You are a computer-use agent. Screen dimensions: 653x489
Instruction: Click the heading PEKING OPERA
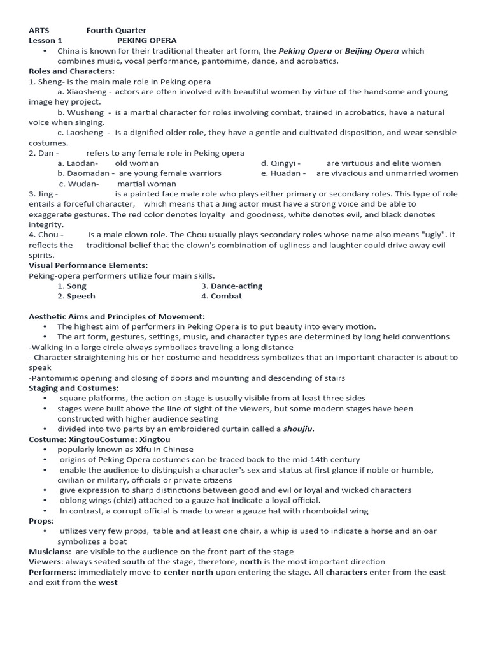click(146, 40)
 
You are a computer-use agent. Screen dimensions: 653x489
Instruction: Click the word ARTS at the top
click(39, 30)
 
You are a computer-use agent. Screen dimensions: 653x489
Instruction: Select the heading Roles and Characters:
click(72, 71)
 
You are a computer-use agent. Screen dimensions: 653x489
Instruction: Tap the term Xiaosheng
click(86, 92)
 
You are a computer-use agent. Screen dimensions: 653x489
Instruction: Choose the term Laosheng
click(84, 133)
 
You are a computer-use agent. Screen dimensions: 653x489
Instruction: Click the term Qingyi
click(285, 163)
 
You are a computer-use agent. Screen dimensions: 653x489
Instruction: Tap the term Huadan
click(288, 173)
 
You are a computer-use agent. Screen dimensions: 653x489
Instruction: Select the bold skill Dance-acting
click(236, 286)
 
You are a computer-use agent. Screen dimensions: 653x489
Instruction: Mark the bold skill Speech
click(81, 296)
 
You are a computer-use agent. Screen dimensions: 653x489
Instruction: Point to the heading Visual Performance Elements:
click(89, 265)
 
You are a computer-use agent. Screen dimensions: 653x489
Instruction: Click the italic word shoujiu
click(298, 429)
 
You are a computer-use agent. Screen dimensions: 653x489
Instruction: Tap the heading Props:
click(41, 521)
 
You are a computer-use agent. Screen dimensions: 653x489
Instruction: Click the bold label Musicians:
click(50, 552)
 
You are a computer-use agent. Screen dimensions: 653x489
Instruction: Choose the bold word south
click(134, 562)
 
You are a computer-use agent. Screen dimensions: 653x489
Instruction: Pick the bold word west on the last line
click(108, 582)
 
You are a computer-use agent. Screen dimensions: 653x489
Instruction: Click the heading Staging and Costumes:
click(74, 388)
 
